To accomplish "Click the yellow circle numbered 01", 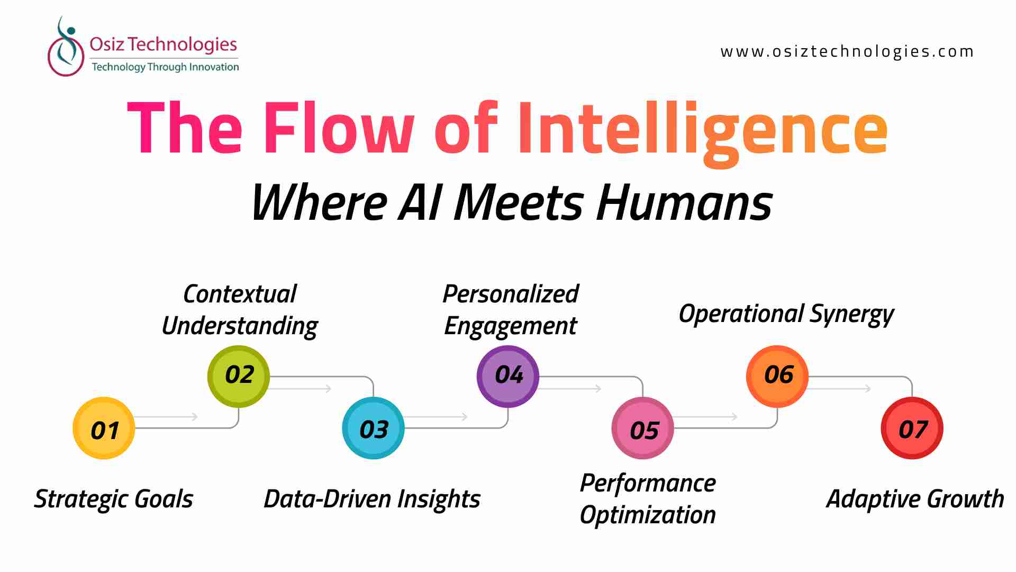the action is [x=104, y=428].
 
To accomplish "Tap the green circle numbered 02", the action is [x=239, y=377].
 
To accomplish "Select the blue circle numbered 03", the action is [x=374, y=428].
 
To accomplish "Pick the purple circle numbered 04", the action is [x=508, y=377].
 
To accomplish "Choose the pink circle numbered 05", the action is [x=643, y=428].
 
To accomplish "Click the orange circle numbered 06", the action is [x=777, y=377].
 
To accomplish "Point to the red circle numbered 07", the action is [x=912, y=428].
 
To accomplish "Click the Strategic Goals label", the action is [x=114, y=499].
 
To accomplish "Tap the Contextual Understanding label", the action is [x=240, y=310].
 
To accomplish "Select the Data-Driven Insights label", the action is [x=372, y=499].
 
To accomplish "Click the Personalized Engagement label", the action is [x=511, y=310].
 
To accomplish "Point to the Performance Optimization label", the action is [x=648, y=499].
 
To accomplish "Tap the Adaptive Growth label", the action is [x=915, y=499].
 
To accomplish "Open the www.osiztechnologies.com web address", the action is [x=847, y=51].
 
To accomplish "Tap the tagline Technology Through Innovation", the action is [x=165, y=67].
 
